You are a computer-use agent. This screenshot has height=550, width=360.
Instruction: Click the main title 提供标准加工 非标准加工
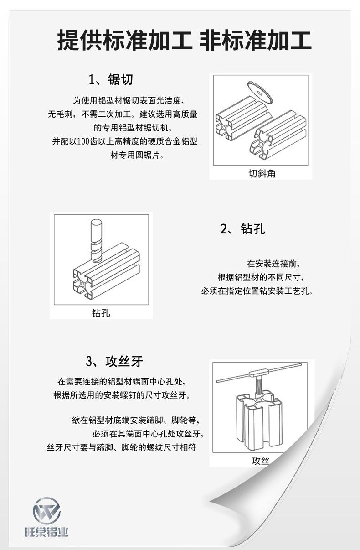click(185, 40)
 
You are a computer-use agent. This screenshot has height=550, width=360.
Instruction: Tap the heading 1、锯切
click(111, 79)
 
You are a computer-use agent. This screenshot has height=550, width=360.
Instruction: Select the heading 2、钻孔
click(243, 228)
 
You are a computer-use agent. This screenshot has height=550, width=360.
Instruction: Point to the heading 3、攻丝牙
click(114, 362)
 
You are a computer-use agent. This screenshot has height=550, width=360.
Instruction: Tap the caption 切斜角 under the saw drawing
click(262, 174)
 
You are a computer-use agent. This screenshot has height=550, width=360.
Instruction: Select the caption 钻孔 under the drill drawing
click(101, 313)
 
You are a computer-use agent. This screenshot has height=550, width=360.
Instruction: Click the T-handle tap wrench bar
click(262, 372)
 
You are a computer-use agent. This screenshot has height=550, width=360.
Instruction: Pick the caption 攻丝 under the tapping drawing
click(261, 461)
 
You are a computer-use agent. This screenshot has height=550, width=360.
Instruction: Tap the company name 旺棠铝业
click(46, 532)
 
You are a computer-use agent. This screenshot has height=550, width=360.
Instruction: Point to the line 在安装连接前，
click(273, 264)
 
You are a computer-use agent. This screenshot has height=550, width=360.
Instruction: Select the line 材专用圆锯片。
click(137, 155)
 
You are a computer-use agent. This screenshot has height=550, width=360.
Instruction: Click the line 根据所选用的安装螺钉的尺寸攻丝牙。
click(122, 395)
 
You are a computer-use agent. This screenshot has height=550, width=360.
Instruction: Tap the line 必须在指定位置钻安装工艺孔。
click(257, 291)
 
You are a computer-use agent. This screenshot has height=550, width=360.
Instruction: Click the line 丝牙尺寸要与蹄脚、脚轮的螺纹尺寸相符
click(122, 447)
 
